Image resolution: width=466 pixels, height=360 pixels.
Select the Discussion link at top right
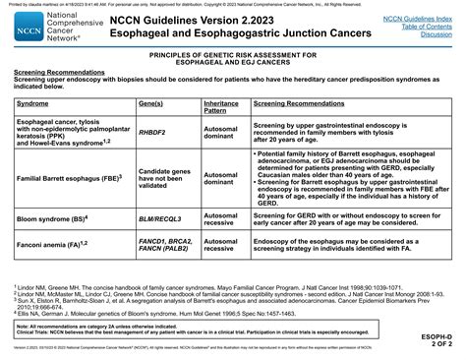(436, 34)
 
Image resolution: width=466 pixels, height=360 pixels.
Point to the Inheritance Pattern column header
(221, 105)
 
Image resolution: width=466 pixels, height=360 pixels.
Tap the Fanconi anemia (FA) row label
(52, 242)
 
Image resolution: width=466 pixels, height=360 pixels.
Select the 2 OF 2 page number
(446, 345)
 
